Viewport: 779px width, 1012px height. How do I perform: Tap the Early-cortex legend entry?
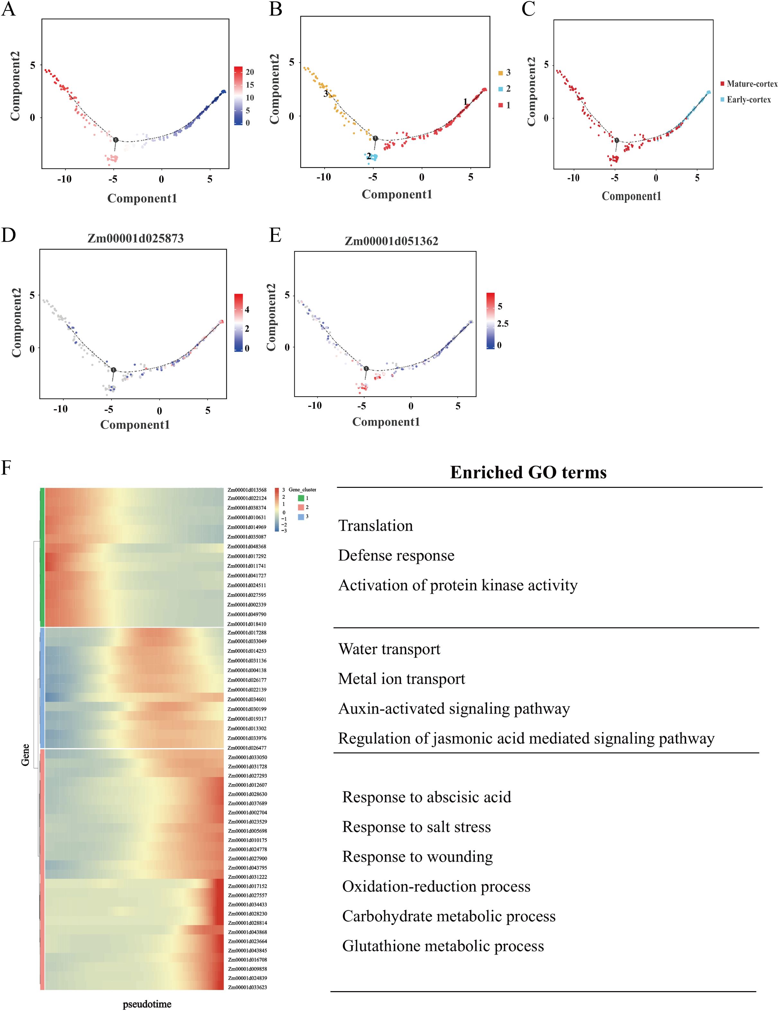click(x=748, y=100)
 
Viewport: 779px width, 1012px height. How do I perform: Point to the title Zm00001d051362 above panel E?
click(x=391, y=241)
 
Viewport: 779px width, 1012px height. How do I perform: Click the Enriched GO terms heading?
click(x=528, y=472)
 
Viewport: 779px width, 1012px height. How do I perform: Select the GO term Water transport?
click(x=389, y=649)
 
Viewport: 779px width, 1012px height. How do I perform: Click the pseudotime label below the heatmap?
click(x=147, y=1004)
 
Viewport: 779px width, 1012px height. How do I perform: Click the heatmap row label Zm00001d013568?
click(x=247, y=490)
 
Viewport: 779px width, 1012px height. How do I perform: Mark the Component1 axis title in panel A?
click(x=142, y=198)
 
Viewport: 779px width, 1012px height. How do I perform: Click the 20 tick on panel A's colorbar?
click(x=250, y=72)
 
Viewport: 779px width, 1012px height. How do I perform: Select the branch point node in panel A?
click(x=115, y=139)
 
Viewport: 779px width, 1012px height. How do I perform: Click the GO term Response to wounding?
click(x=417, y=856)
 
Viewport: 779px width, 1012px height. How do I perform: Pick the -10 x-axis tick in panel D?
click(x=60, y=409)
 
